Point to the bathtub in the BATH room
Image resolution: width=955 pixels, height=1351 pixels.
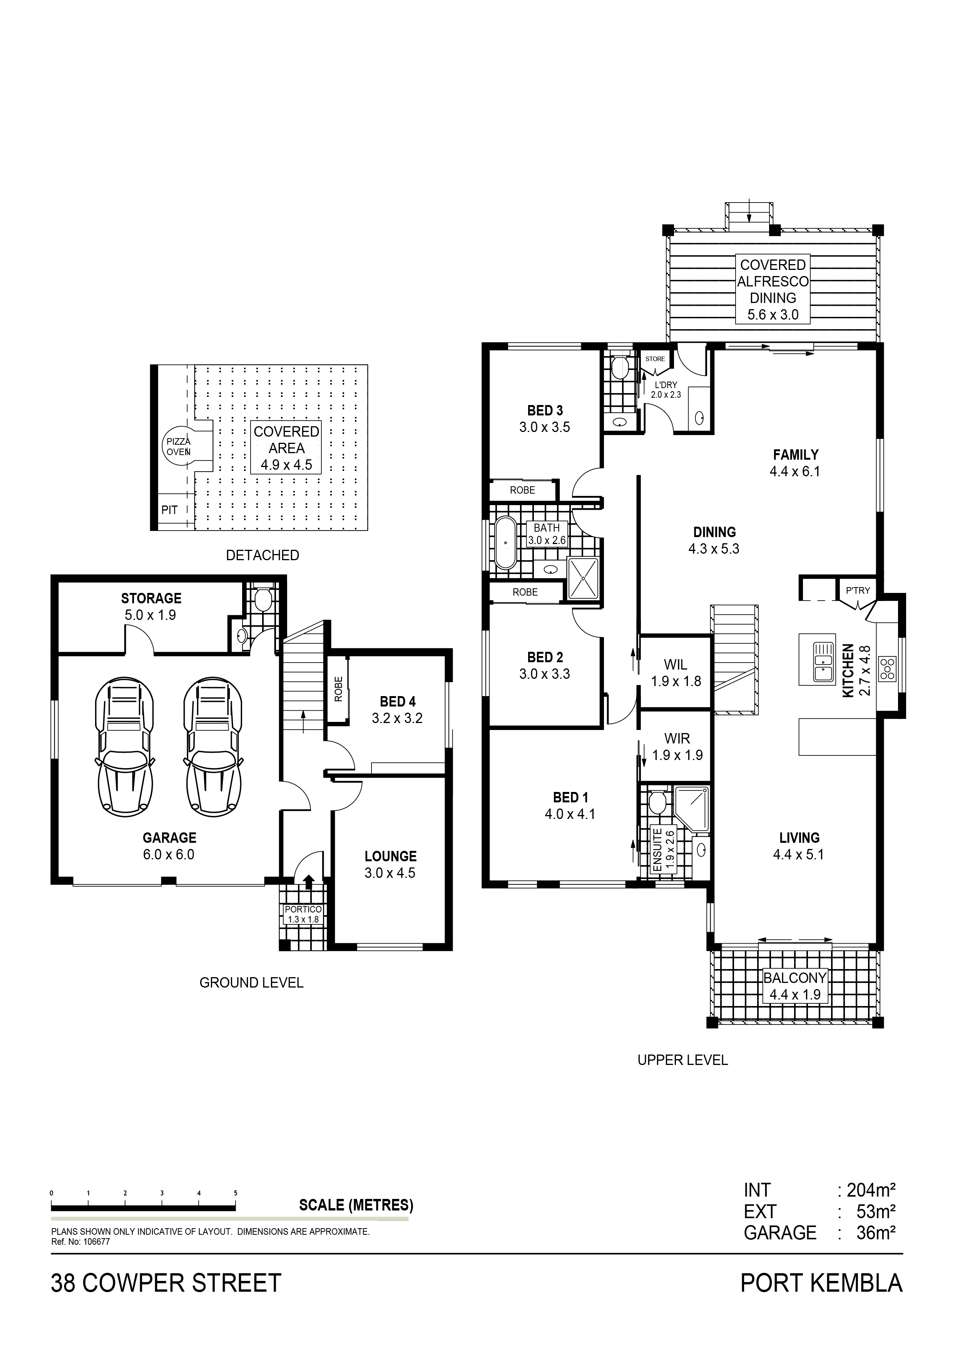pyautogui.click(x=505, y=542)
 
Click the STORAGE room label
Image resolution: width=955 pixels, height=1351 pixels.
pyautogui.click(x=151, y=598)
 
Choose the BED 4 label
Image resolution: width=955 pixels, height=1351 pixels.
pyautogui.click(x=398, y=701)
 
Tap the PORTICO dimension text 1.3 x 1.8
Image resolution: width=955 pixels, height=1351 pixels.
pyautogui.click(x=303, y=919)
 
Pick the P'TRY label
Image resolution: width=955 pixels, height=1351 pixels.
pyautogui.click(x=858, y=591)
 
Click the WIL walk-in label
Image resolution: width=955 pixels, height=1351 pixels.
pyautogui.click(x=676, y=665)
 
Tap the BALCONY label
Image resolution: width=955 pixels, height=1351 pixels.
pyautogui.click(x=795, y=978)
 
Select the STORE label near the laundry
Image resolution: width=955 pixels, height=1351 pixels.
pyautogui.click(x=655, y=359)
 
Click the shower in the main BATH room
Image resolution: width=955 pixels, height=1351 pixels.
pyautogui.click(x=582, y=578)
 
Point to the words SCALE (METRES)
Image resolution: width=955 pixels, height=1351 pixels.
pyautogui.click(x=356, y=1205)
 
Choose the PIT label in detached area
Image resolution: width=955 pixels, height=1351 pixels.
pyautogui.click(x=169, y=510)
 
